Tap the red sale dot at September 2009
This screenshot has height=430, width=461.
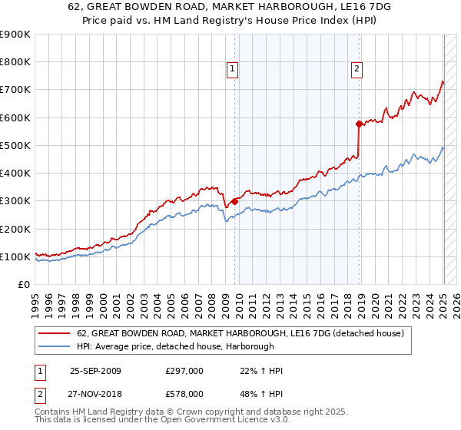(234, 202)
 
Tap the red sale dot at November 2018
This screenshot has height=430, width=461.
(359, 124)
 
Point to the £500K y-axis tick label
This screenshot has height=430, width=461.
(16, 145)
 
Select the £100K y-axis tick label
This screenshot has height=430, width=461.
(16, 256)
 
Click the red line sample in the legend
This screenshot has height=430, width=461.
(56, 333)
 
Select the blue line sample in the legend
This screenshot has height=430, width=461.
(56, 346)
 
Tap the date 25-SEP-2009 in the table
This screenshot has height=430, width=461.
(95, 371)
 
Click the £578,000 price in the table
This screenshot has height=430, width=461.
(184, 393)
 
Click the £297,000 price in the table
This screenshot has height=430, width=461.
(184, 371)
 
